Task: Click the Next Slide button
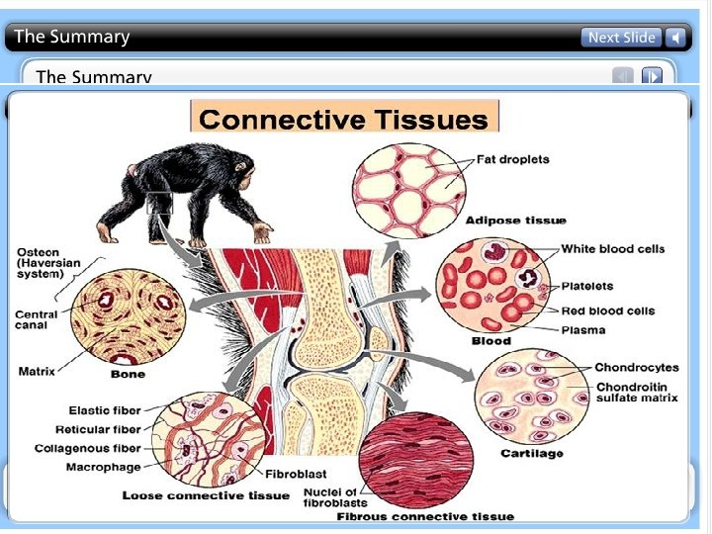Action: [621, 38]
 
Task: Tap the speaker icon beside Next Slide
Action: [675, 38]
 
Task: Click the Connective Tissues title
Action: [344, 120]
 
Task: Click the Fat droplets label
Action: [513, 159]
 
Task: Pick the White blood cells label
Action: [613, 248]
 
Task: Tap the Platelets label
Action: [587, 286]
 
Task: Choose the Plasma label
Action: [583, 329]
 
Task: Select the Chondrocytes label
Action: [636, 368]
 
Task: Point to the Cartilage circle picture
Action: [531, 398]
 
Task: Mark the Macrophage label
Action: [103, 467]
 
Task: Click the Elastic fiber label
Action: [105, 409]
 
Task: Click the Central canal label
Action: [38, 320]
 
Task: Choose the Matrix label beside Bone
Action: [37, 372]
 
